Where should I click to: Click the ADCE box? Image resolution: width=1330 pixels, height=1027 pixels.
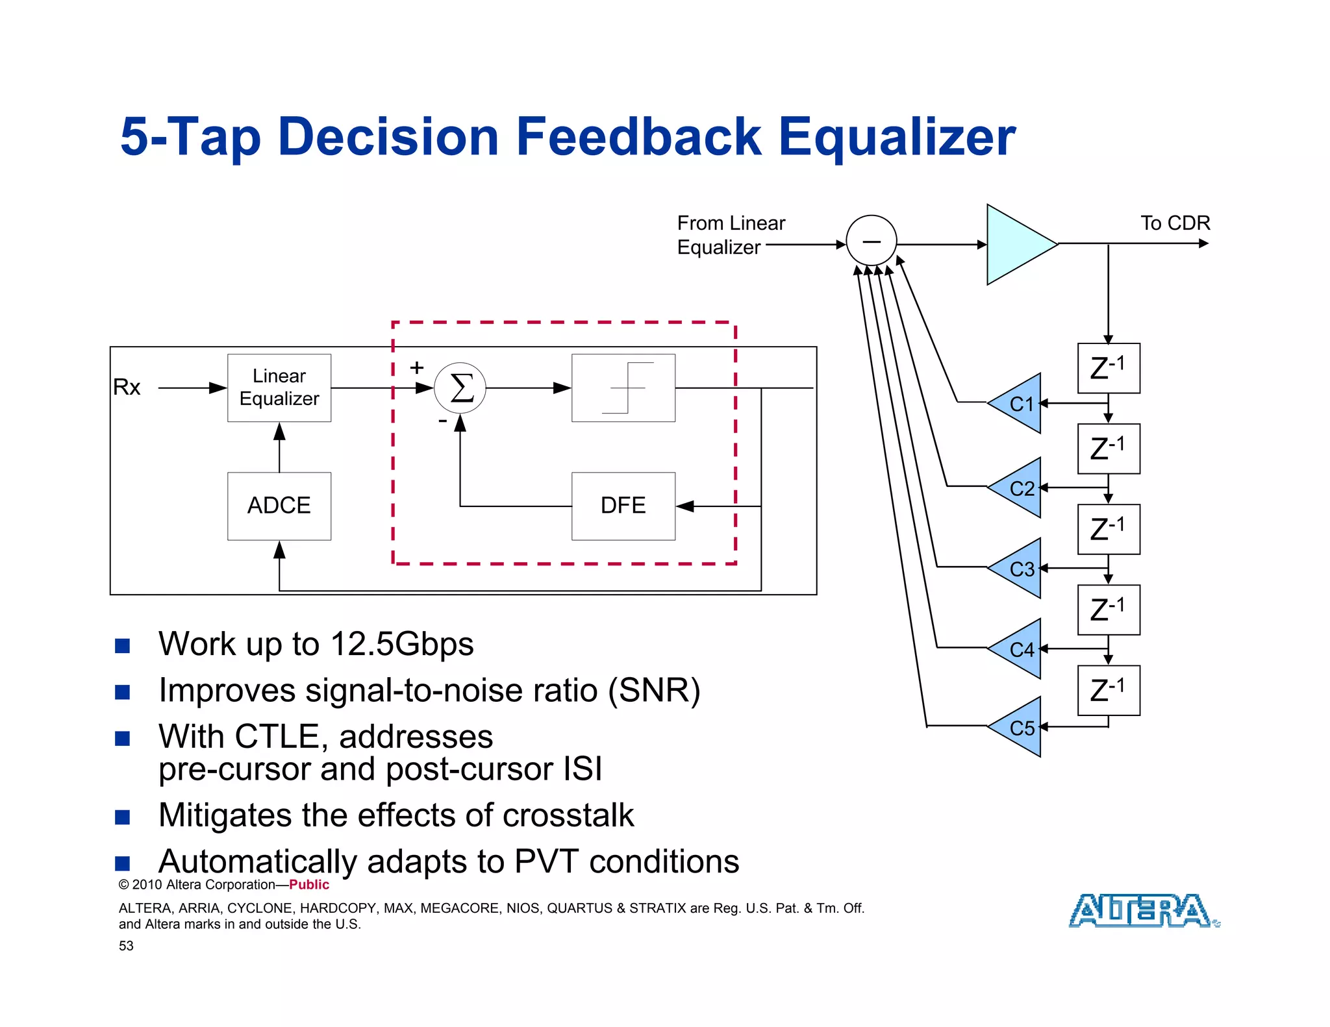click(x=279, y=506)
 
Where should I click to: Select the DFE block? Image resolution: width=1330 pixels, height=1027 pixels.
click(x=623, y=506)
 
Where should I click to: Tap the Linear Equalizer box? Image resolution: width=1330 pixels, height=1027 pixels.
click(x=279, y=388)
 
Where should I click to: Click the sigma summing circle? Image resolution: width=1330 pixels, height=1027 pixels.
click(x=460, y=388)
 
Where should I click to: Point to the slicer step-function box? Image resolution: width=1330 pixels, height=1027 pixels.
click(x=623, y=388)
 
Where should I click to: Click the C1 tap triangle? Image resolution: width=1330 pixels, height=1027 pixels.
click(x=1018, y=403)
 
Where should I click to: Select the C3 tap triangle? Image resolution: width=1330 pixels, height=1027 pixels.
click(x=1018, y=569)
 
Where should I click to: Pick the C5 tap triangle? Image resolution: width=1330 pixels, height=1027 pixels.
click(x=1018, y=727)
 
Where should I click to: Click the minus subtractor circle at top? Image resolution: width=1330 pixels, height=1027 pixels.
click(x=872, y=241)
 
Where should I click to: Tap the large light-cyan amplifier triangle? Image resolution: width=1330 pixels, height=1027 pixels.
click(x=1016, y=244)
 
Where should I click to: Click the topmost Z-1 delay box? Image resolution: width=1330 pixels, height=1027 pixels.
click(x=1109, y=368)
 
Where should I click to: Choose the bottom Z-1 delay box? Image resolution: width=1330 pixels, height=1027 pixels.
click(x=1109, y=690)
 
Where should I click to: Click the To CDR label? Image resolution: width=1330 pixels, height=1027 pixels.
click(x=1175, y=223)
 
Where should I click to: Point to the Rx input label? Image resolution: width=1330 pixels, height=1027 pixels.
click(x=127, y=387)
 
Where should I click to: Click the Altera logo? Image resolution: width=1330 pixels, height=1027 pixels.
click(x=1144, y=910)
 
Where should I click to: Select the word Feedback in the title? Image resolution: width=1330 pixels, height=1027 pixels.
click(x=638, y=137)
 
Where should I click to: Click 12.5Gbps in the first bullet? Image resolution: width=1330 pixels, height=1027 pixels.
click(x=402, y=644)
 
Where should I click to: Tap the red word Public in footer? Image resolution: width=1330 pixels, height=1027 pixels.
click(x=309, y=885)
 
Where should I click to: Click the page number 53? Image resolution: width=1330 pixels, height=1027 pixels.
click(x=126, y=946)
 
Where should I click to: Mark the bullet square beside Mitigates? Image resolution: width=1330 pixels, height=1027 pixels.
click(x=123, y=817)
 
